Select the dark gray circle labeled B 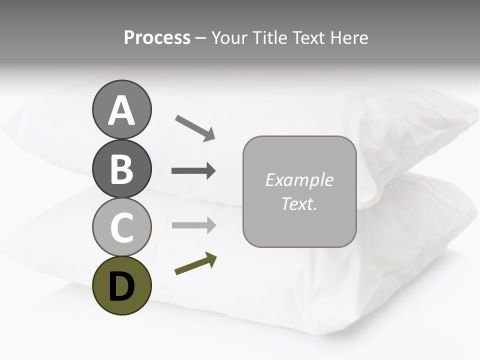click(121, 168)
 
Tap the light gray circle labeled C click(121, 227)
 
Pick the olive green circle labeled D click(121, 285)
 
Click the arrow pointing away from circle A click(195, 128)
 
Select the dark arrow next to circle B click(193, 171)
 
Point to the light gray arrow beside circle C click(193, 225)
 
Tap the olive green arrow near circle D click(195, 264)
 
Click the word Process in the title click(157, 37)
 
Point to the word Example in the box click(299, 180)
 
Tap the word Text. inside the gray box click(299, 203)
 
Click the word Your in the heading click(230, 37)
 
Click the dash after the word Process click(200, 38)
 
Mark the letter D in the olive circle click(121, 286)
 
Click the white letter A click(121, 111)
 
